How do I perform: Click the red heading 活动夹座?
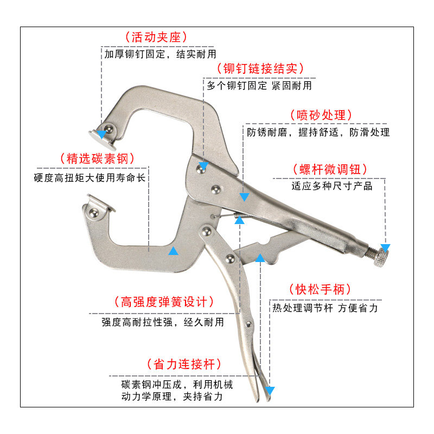[x=156, y=37]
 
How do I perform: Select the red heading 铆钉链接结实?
[x=259, y=69]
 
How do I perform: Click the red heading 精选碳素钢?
[x=97, y=158]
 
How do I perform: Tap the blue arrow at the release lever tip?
[x=270, y=391]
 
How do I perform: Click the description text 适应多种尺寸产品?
[x=332, y=186]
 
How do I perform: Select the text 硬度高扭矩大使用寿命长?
[x=90, y=178]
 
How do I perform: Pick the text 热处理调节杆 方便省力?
[x=325, y=308]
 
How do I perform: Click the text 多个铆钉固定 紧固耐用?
[x=259, y=86]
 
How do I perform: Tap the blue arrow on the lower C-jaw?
[x=173, y=251]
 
